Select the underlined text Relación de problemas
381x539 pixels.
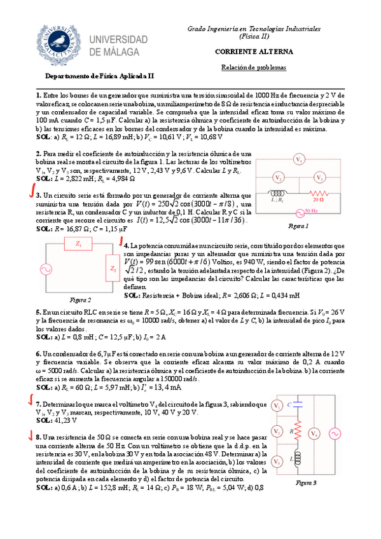253,67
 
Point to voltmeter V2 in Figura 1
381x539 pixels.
278,177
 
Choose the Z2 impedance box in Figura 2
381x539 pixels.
113,269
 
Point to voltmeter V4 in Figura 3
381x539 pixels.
314,433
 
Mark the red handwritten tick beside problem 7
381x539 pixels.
30,400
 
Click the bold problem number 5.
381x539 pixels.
38,312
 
